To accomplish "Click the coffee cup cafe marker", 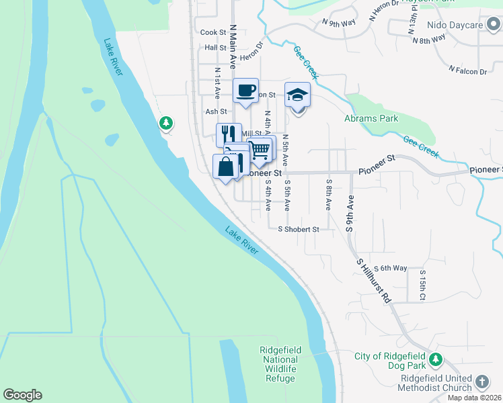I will tap(245, 90).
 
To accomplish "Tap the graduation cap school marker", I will tap(297, 95).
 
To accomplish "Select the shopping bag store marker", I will tap(226, 167).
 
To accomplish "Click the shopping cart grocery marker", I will tap(260, 149).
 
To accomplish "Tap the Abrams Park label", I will tap(371, 119).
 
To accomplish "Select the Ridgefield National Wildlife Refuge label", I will tap(278, 364).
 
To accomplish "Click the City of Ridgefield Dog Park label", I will tap(389, 361).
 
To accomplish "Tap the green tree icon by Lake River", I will tap(165, 123).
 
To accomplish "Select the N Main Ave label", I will tap(233, 43).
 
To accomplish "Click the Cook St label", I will tap(213, 32).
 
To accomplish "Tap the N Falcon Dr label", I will tap(467, 71).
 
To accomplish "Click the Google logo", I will tap(22, 395).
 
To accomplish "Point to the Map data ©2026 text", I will tap(474, 398).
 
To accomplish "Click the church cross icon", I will tap(481, 382).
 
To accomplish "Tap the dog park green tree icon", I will tap(436, 359).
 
